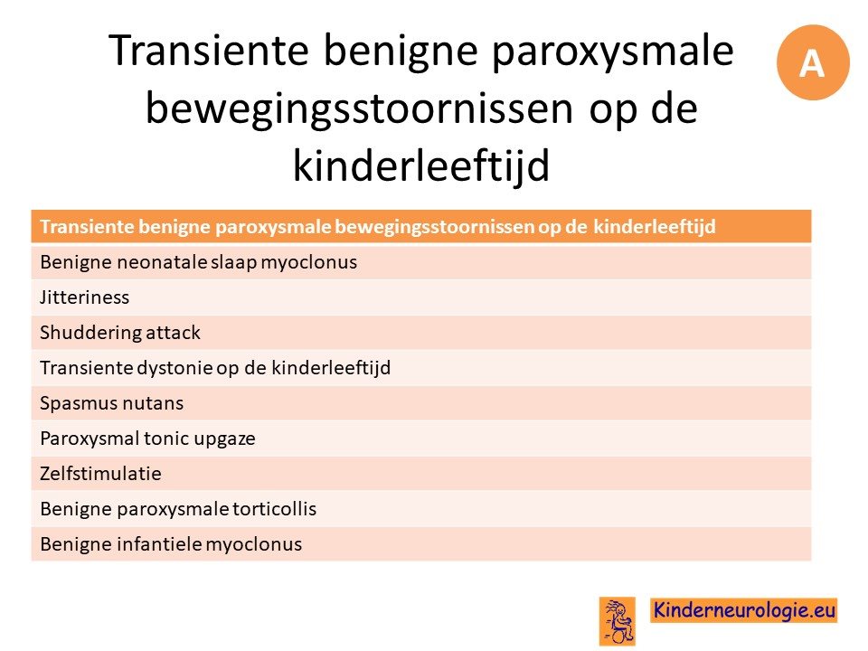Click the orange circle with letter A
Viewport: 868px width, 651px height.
tap(812, 62)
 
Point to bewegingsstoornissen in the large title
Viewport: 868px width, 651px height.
tap(359, 108)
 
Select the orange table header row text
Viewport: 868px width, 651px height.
tap(378, 226)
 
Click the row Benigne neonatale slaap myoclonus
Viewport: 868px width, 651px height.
tap(198, 262)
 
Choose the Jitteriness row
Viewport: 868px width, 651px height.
tap(84, 297)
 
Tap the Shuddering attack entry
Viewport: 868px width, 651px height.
tap(120, 332)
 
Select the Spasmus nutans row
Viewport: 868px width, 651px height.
tap(111, 403)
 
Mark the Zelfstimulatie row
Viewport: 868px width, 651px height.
tap(100, 473)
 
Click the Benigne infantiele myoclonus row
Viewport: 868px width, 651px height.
tap(171, 544)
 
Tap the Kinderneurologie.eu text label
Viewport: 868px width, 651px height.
tap(744, 610)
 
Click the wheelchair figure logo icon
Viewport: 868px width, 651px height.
tap(618, 621)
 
